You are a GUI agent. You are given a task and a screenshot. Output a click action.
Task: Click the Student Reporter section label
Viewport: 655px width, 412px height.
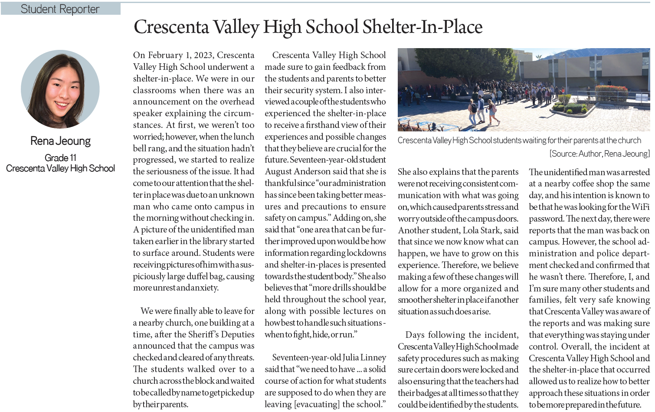click(x=60, y=9)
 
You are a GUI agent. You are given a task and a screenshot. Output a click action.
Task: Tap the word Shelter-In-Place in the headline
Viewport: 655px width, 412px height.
click(x=422, y=27)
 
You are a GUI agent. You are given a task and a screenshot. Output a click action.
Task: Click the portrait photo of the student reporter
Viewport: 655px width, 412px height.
click(x=60, y=89)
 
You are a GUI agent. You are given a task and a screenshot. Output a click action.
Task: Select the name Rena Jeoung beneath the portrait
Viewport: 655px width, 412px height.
click(x=60, y=141)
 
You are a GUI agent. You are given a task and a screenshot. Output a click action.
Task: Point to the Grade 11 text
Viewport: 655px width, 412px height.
click(x=60, y=157)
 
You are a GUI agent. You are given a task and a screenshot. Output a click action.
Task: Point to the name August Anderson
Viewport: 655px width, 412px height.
click(x=301, y=172)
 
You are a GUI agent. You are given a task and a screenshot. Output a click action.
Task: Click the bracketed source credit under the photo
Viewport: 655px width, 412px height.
click(x=599, y=154)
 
